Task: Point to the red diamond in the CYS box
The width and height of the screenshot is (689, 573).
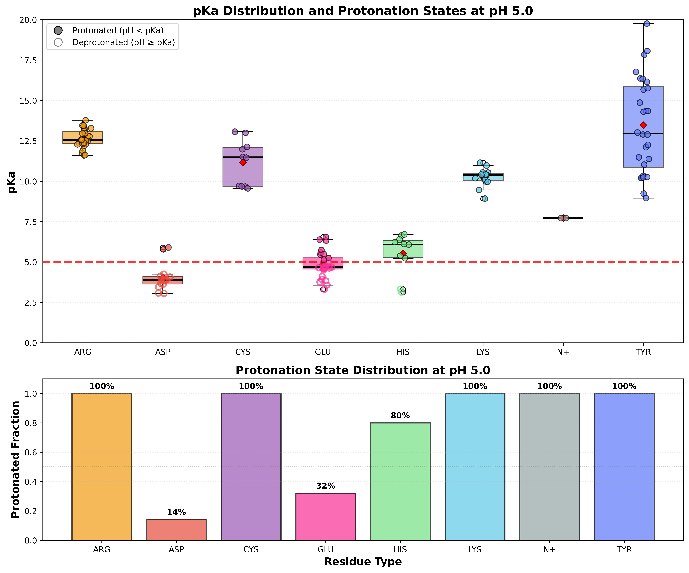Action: click(x=243, y=162)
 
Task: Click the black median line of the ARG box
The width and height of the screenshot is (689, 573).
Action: click(x=83, y=140)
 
